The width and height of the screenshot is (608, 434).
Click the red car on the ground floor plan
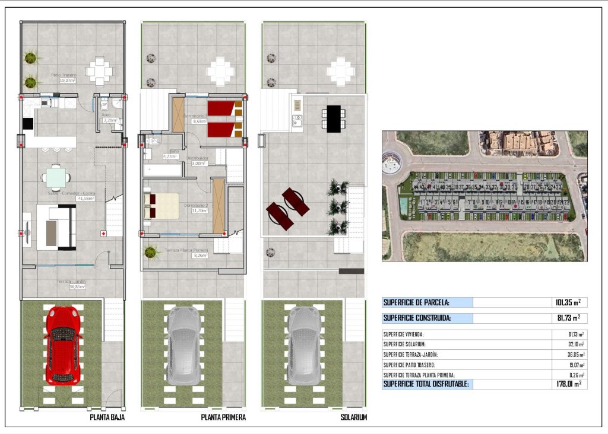[62, 344]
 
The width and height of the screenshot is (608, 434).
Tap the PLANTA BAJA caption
[107, 417]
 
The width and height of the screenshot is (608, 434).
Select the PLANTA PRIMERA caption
[223, 417]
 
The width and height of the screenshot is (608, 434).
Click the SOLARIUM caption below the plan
[353, 417]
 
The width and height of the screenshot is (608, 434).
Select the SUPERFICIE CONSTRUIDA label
[417, 318]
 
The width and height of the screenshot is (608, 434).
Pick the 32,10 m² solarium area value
[574, 344]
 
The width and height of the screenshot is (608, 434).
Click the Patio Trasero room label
[64, 76]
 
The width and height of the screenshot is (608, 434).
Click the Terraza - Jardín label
[71, 282]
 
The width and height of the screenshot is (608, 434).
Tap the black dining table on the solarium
[333, 118]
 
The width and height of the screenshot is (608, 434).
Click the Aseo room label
[107, 115]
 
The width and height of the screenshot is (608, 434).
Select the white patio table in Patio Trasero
[99, 72]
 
